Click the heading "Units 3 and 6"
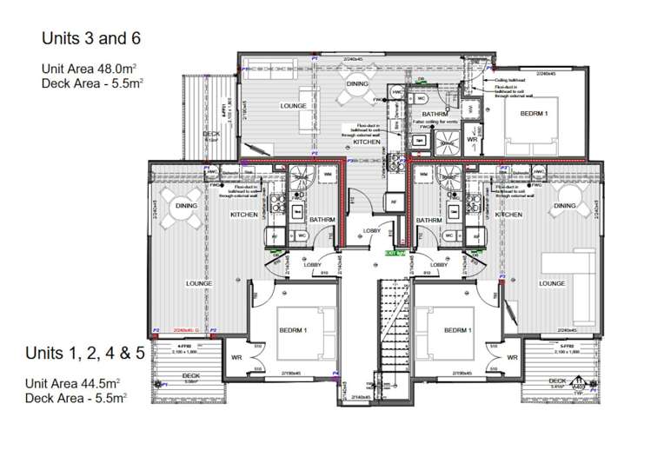(x=90, y=38)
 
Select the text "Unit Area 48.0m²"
(x=92, y=68)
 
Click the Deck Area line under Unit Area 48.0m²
(x=92, y=83)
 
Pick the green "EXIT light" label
(x=395, y=252)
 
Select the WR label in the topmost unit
(x=473, y=139)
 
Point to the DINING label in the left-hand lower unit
(x=186, y=206)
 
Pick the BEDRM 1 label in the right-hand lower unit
(x=457, y=331)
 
